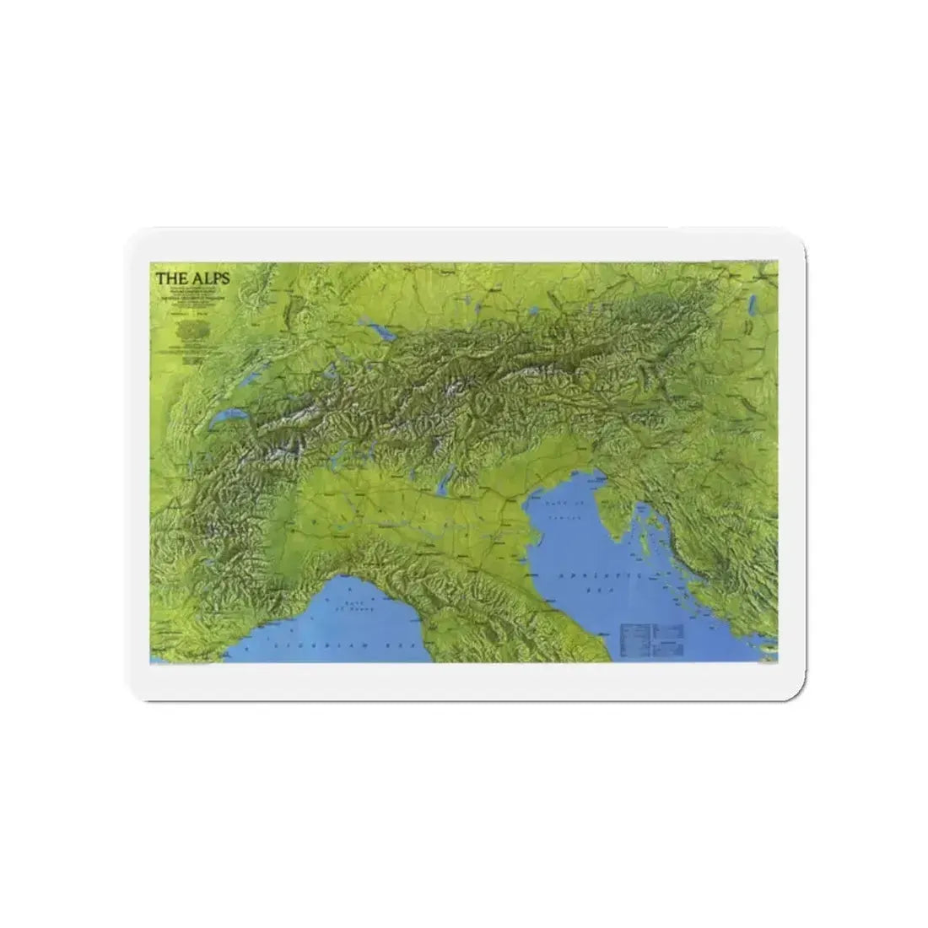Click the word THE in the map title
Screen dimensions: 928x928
click(x=165, y=276)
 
